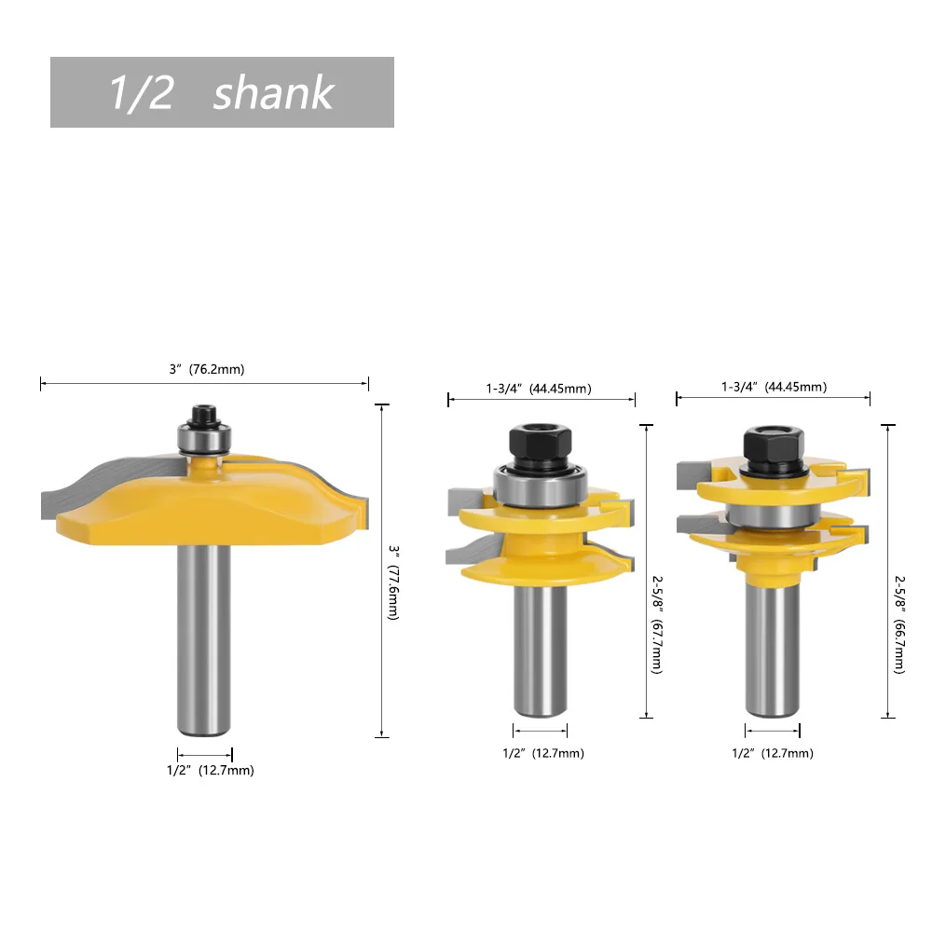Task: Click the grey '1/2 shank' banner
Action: pyautogui.click(x=222, y=92)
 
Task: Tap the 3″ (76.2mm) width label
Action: pyautogui.click(x=207, y=369)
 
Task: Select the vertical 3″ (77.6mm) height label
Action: pyautogui.click(x=393, y=582)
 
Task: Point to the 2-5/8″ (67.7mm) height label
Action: pyautogui.click(x=657, y=624)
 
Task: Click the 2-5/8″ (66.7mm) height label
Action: pyautogui.click(x=900, y=624)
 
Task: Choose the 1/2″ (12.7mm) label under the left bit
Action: pyautogui.click(x=211, y=771)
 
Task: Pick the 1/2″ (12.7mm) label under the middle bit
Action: pyautogui.click(x=543, y=753)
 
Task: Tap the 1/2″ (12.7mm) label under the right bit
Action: pyautogui.click(x=773, y=753)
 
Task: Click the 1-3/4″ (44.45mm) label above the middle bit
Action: pyautogui.click(x=539, y=389)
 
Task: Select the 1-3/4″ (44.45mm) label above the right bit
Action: pyautogui.click(x=774, y=387)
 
